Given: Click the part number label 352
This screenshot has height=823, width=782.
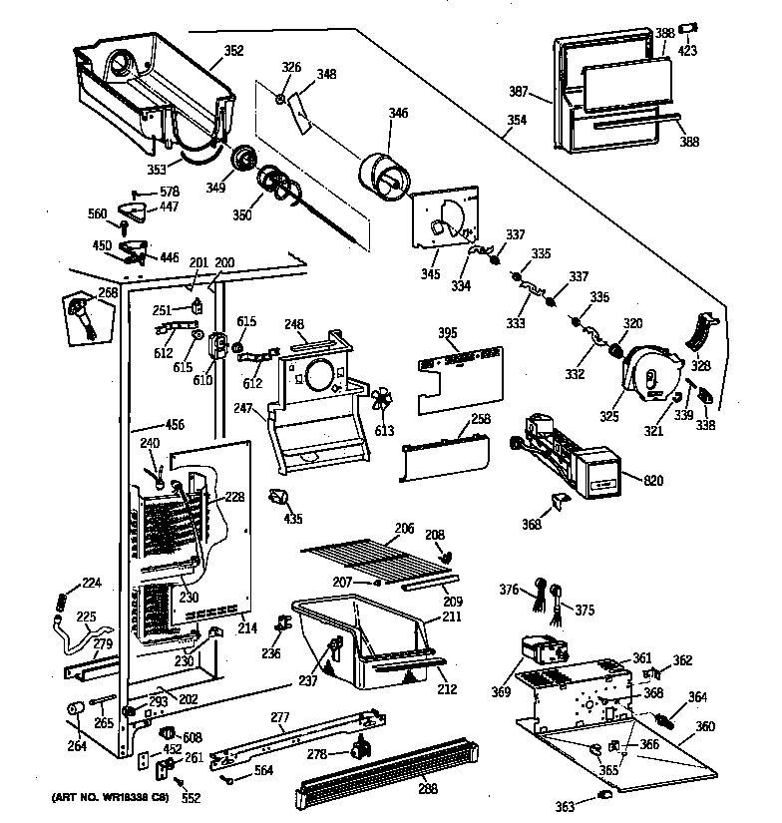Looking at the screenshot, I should click(233, 51).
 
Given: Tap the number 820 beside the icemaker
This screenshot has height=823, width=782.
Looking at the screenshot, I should click(653, 482).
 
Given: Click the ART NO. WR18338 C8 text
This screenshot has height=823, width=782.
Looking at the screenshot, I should click(96, 799).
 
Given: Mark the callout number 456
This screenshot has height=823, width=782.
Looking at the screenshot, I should click(175, 425).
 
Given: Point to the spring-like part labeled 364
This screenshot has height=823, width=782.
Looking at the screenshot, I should click(669, 717).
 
